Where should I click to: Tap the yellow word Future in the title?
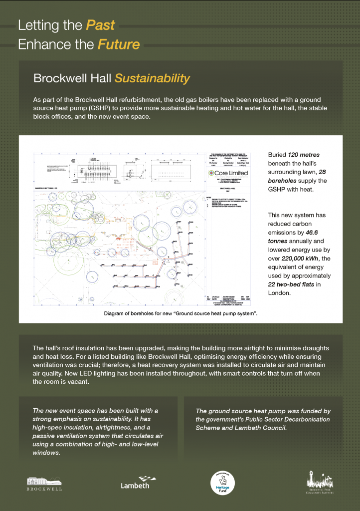pyautogui.click(x=118, y=44)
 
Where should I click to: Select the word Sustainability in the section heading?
pyautogui.click(x=152, y=78)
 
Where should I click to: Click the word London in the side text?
pyautogui.click(x=281, y=293)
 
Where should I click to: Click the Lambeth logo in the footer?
pyautogui.click(x=135, y=483)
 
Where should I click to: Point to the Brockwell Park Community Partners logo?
pyautogui.click(x=320, y=483)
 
